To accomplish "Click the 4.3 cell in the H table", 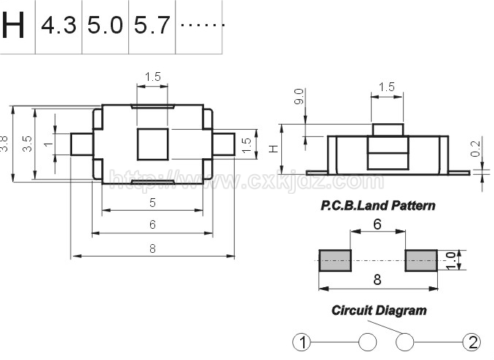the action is [58, 26].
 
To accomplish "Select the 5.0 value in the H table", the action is [105, 26].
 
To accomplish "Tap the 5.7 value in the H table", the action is [152, 26].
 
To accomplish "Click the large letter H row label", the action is [13, 26].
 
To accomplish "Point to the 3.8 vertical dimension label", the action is [4, 144].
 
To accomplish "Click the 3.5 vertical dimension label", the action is [28, 144].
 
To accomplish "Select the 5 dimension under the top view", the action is [152, 203].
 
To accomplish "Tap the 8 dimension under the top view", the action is [152, 249].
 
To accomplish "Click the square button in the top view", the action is [152, 144].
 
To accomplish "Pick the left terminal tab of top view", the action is [82, 144].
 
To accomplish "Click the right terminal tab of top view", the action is [224, 144].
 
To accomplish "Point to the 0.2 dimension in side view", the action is [476, 149].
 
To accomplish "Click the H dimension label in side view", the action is [273, 149].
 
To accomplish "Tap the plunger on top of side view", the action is [388, 130].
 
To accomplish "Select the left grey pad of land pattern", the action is [335, 260].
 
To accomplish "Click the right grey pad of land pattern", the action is [421, 260].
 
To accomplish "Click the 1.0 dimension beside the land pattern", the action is [451, 260].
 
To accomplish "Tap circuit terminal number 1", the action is [302, 343].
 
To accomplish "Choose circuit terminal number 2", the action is [472, 343].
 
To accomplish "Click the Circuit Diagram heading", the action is [379, 310].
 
